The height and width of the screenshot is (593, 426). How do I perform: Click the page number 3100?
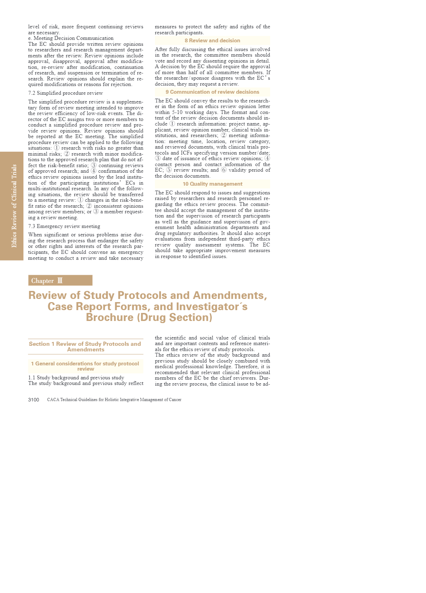coord(34,400)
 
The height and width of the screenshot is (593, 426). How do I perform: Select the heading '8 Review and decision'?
coord(212,41)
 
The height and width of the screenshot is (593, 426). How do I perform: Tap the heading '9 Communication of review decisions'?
coord(212,92)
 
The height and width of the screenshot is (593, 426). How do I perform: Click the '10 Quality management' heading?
coord(212,184)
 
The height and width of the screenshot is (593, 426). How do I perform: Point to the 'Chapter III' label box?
coord(60,280)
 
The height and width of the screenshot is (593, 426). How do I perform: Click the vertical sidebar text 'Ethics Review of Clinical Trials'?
coord(14,206)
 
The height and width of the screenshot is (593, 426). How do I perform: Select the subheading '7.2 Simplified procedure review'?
coord(65,93)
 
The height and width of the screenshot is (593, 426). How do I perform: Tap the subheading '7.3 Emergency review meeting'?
coord(64,226)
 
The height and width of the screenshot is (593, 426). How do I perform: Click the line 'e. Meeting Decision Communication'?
coord(71,38)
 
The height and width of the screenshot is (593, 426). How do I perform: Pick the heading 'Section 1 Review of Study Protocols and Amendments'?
coord(85,346)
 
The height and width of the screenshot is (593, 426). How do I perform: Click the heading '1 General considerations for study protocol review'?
coord(85,366)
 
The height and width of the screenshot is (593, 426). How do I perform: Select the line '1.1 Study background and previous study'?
coord(76,378)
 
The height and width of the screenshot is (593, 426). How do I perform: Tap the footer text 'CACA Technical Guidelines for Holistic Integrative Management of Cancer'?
coord(114,400)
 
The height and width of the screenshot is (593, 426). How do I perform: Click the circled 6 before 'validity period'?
coord(224,170)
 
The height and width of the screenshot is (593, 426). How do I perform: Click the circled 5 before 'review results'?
coord(169,170)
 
